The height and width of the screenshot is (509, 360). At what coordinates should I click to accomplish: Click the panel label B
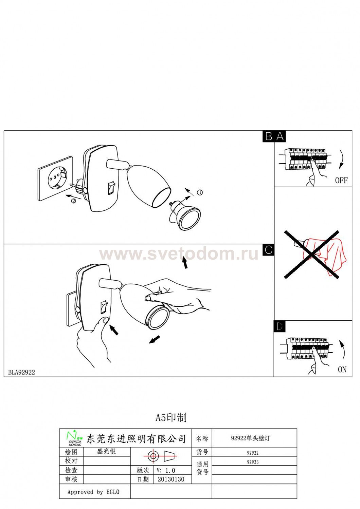[x=269, y=136]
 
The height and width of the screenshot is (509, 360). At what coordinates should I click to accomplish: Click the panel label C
[x=269, y=250]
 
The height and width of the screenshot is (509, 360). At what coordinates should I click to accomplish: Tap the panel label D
[x=279, y=326]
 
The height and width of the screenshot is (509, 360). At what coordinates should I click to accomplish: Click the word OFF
[x=341, y=181]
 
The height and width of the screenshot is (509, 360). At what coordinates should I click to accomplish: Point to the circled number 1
[x=199, y=192]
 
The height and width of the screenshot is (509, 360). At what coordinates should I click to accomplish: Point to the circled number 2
[x=73, y=201]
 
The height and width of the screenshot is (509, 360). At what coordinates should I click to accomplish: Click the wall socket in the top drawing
[x=55, y=178]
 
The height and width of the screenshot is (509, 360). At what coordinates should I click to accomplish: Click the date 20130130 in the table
[x=171, y=479]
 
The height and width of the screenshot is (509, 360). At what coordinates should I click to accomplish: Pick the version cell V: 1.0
[x=166, y=470]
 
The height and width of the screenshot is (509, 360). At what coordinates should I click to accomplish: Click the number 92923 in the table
[x=253, y=462]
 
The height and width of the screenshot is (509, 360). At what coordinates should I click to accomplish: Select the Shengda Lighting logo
[x=75, y=437]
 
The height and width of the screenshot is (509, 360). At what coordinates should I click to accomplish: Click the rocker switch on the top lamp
[x=111, y=188]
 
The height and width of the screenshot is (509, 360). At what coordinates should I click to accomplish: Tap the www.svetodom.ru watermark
[x=179, y=254]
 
